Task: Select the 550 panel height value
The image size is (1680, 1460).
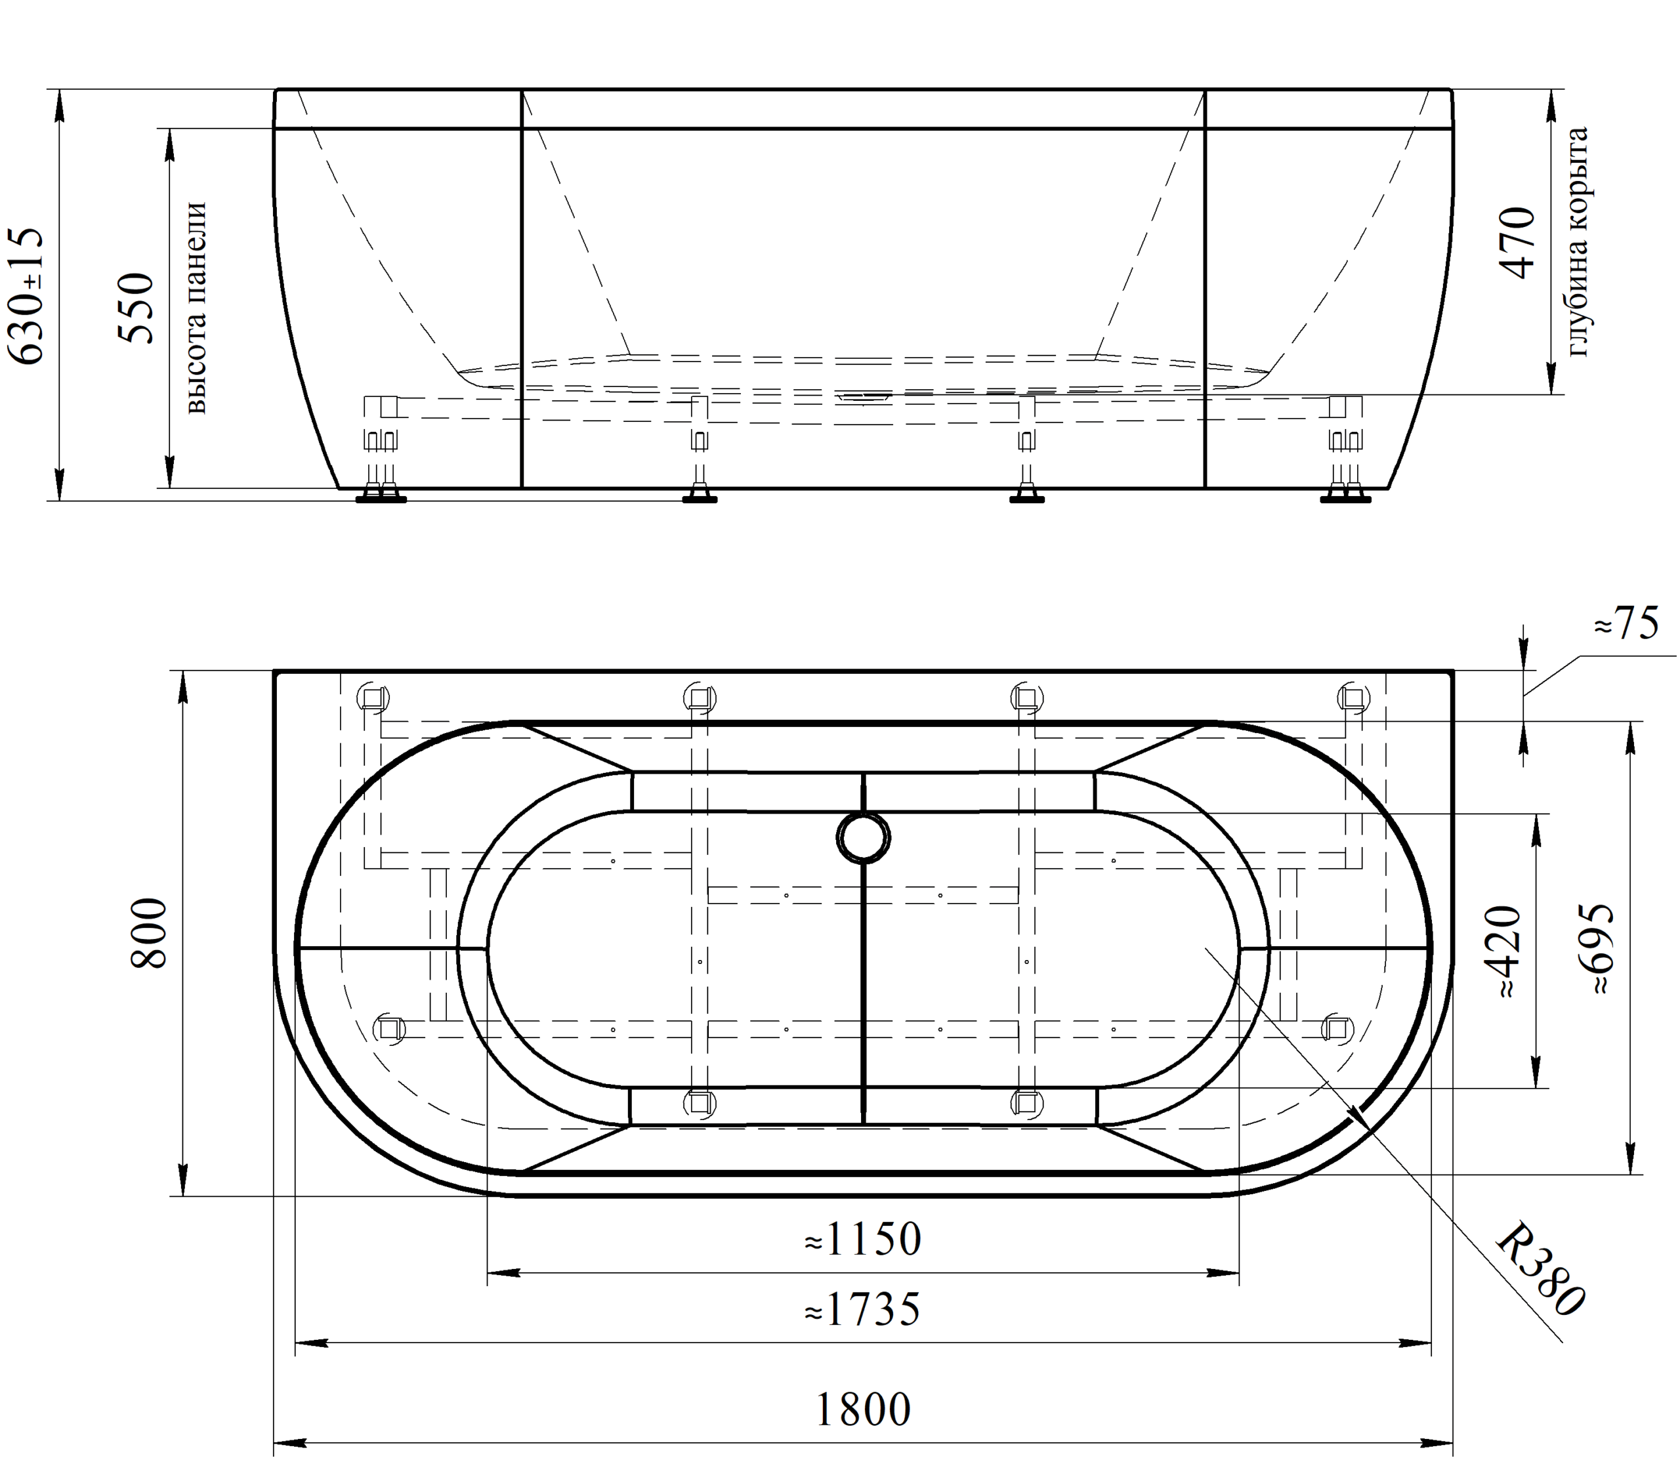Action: [x=135, y=308]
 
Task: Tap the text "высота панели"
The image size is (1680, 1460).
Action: [x=196, y=308]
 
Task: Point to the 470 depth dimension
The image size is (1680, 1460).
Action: [x=1517, y=243]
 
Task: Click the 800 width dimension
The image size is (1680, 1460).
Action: [x=150, y=933]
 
